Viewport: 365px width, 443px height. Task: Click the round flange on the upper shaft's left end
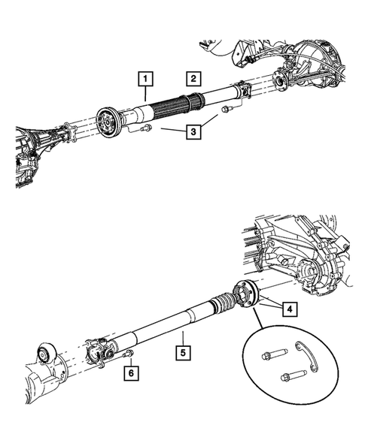[110, 122]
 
